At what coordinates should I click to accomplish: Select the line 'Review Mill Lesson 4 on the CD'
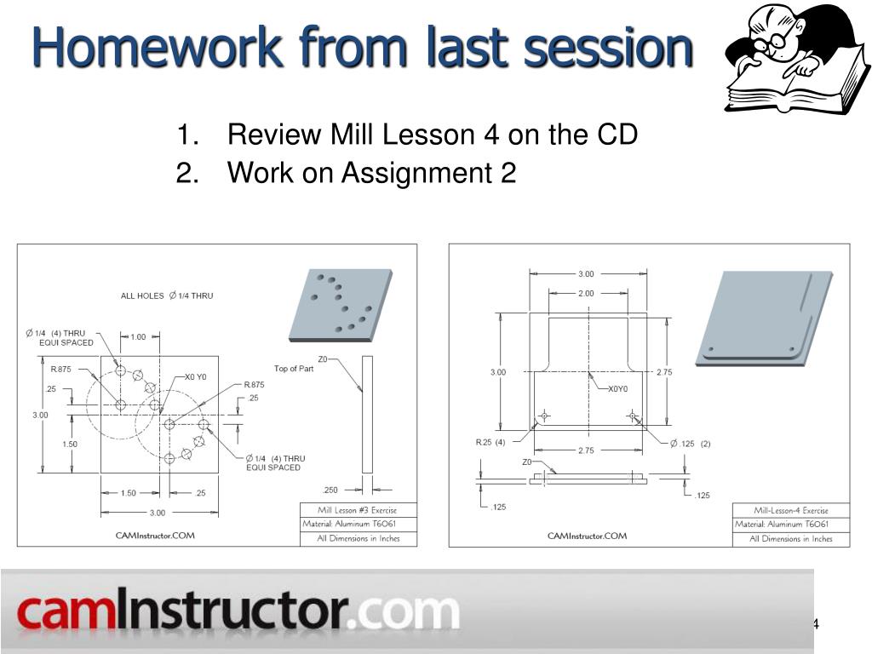(433, 135)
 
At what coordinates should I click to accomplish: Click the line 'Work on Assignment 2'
(371, 173)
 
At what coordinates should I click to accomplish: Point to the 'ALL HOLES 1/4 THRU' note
(167, 295)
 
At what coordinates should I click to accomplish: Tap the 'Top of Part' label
(294, 369)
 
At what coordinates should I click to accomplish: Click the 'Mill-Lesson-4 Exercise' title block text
(791, 510)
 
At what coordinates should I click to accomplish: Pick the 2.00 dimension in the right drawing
(586, 293)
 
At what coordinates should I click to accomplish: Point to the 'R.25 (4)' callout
(490, 442)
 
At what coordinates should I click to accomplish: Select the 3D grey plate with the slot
(765, 318)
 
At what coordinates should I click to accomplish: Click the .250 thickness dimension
(331, 490)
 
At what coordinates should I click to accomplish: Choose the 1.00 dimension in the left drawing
(138, 336)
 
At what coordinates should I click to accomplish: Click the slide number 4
(815, 624)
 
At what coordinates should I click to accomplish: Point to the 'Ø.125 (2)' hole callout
(690, 443)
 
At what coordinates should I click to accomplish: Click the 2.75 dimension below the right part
(586, 450)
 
